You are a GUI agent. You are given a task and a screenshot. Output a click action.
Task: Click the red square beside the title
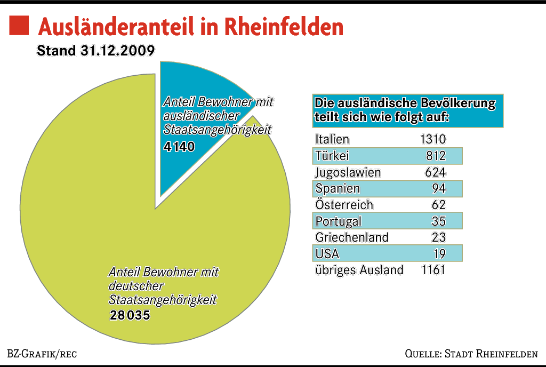pos(20,25)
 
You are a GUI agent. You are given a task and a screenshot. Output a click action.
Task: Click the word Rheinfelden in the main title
pos(285,27)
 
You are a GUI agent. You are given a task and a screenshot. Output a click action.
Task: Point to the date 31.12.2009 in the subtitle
pos(118,51)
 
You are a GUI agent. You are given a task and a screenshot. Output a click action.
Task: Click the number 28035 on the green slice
pos(130,316)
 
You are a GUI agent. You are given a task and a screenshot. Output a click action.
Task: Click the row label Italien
pos(332,140)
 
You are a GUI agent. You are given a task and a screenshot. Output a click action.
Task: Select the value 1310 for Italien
pos(432,140)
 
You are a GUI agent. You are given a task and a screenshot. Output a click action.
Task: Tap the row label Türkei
pos(332,156)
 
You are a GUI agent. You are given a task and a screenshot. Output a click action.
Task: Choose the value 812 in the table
pos(436,156)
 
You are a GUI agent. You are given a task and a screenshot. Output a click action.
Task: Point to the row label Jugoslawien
pos(348,172)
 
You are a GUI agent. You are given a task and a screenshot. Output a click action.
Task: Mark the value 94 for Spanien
pos(439,189)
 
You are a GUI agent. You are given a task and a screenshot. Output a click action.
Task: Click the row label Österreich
pos(344,205)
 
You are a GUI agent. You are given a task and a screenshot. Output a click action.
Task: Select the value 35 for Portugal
pos(439,221)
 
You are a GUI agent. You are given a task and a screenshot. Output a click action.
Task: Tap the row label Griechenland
pos(352,237)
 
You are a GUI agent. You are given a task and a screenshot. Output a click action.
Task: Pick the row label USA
pos(327,254)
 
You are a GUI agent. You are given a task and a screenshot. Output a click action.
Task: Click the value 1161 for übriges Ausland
pos(432,270)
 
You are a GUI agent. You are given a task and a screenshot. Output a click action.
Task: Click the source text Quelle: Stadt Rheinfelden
pos(471,354)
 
